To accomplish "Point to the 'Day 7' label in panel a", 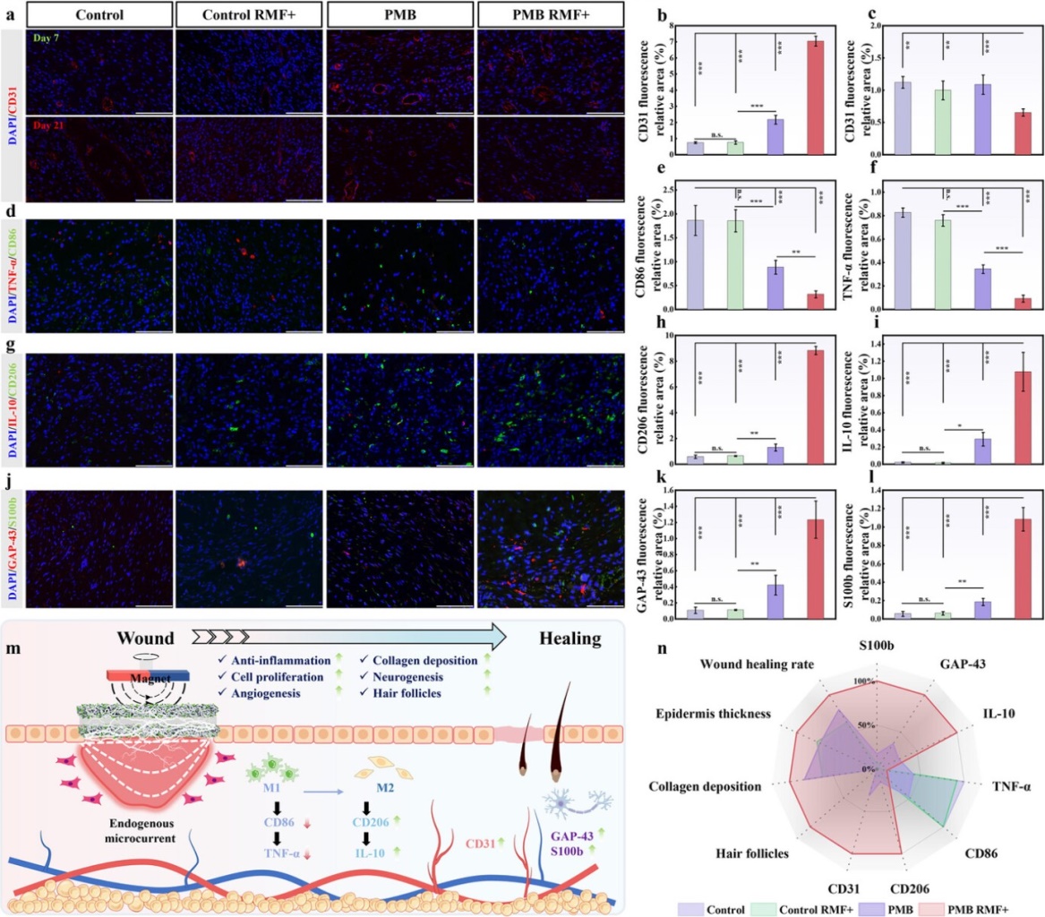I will point(45,36).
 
